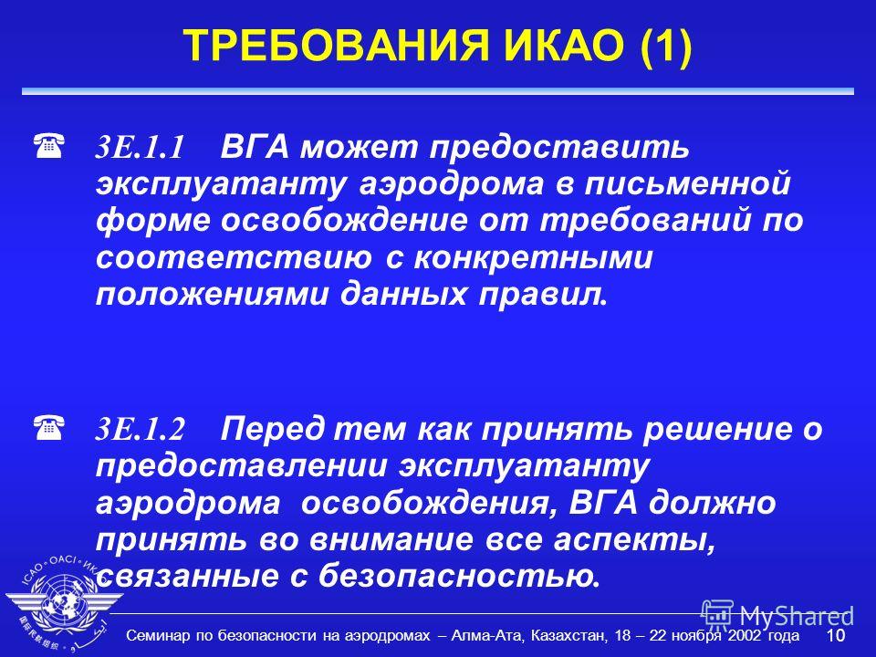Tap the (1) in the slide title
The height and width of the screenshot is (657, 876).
point(666,46)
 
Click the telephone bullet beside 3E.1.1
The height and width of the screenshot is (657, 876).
point(48,146)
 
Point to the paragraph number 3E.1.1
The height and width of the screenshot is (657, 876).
point(140,148)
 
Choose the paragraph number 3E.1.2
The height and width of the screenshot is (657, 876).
point(140,430)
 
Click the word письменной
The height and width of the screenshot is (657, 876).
point(687,183)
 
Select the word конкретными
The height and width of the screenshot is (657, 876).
point(533,257)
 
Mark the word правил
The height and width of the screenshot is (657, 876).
point(542,295)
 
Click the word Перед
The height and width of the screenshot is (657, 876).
point(272,430)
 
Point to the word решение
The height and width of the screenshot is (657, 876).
point(718,429)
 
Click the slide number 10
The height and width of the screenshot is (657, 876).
point(836,635)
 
